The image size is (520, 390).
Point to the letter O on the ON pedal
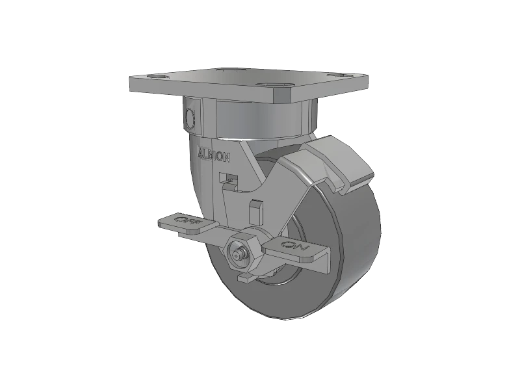pos(289,245)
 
